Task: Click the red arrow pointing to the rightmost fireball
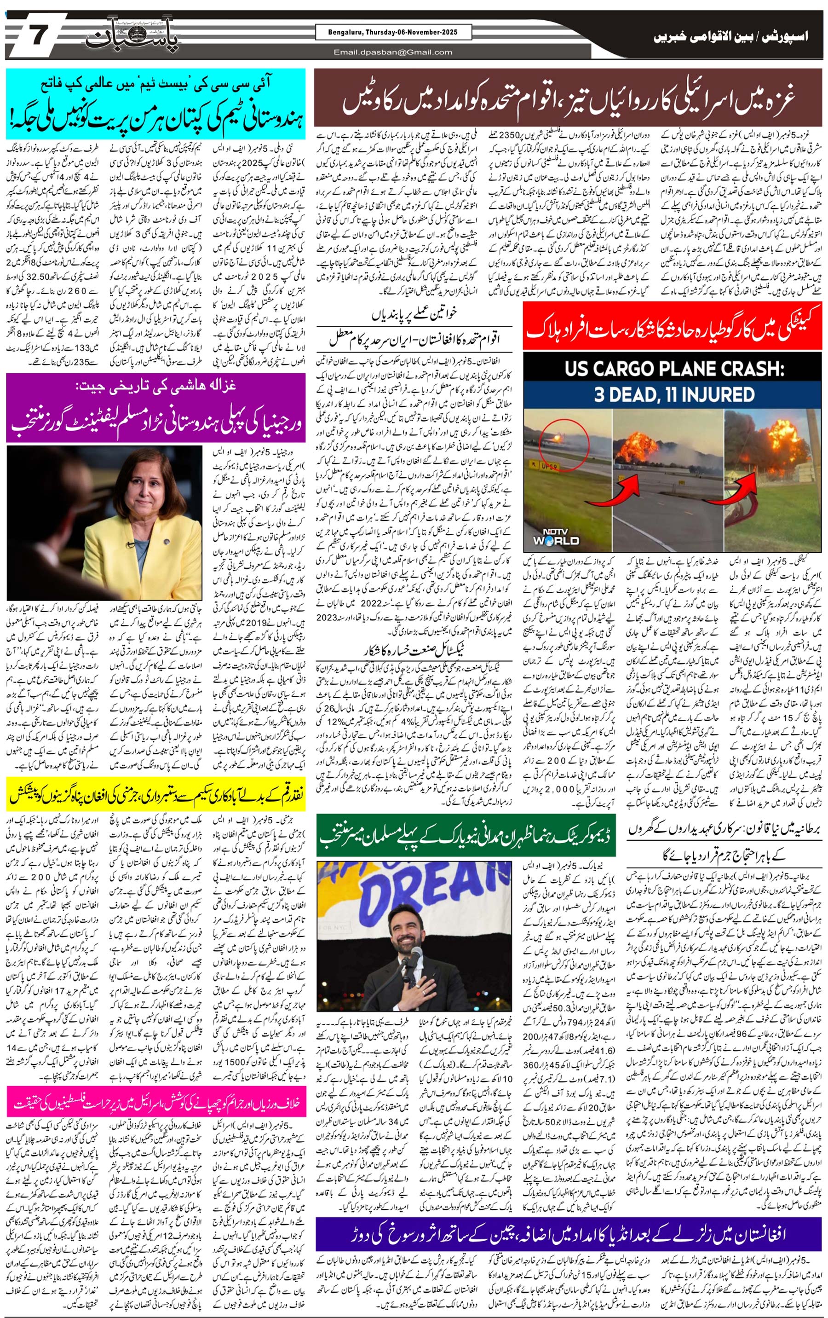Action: click(747, 487)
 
